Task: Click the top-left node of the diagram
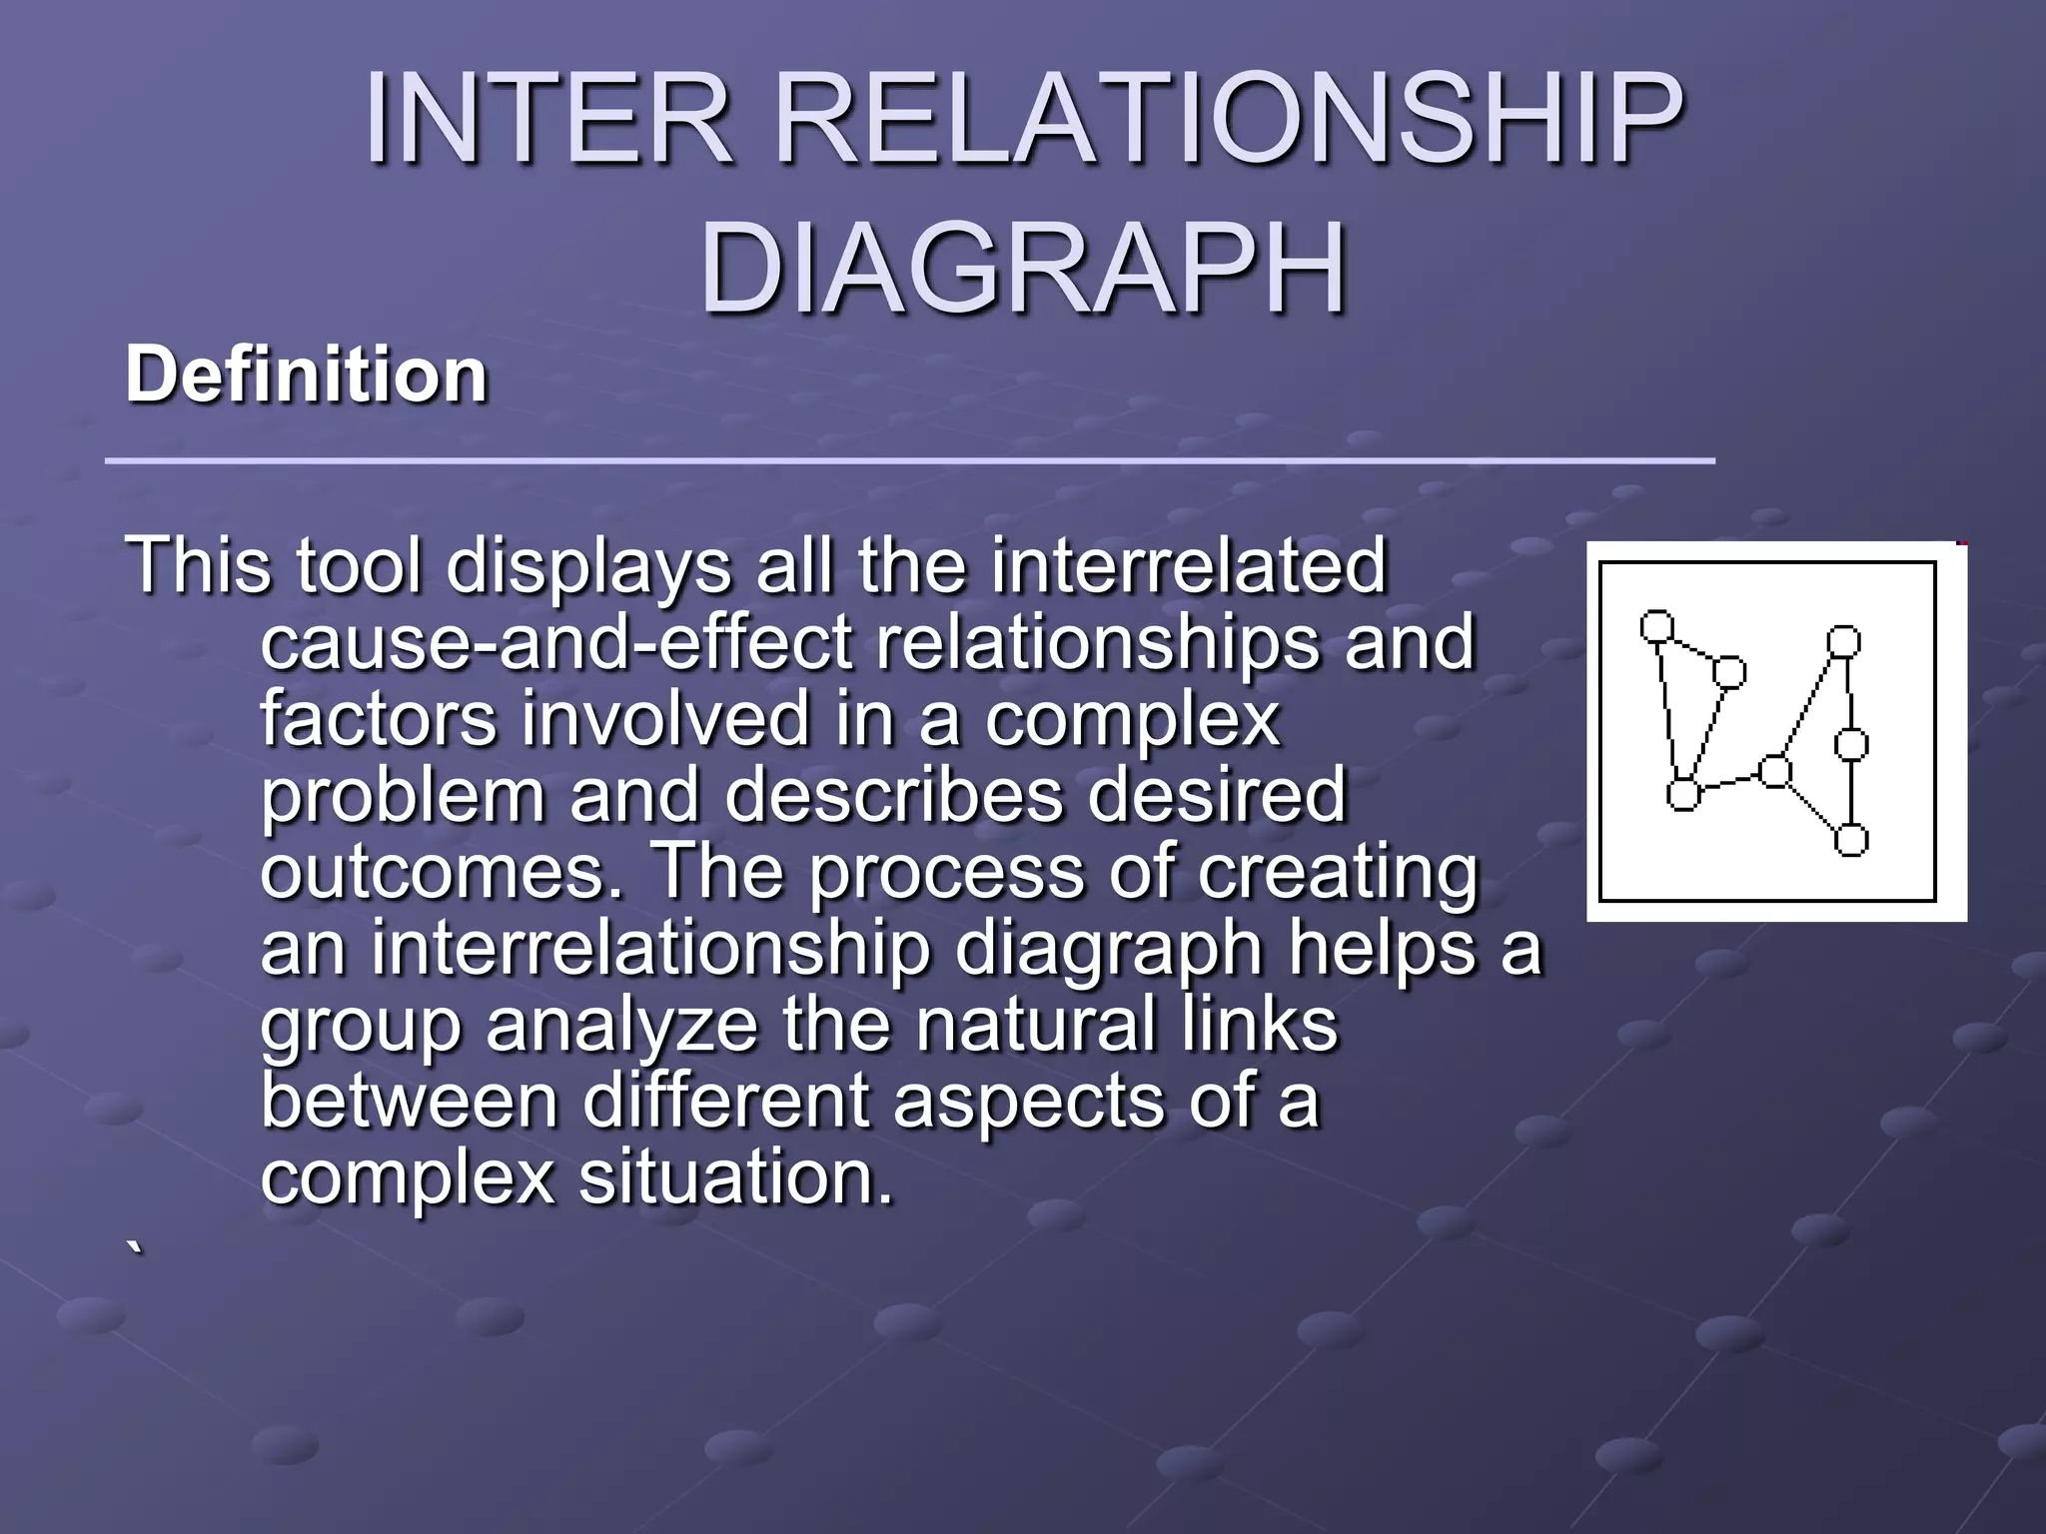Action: point(1657,626)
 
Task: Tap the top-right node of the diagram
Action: point(1843,640)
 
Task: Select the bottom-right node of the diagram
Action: point(1851,840)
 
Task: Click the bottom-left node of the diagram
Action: point(1683,795)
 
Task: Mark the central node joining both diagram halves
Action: point(1775,771)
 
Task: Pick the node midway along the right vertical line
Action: point(1851,744)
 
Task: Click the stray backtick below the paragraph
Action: point(135,1248)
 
